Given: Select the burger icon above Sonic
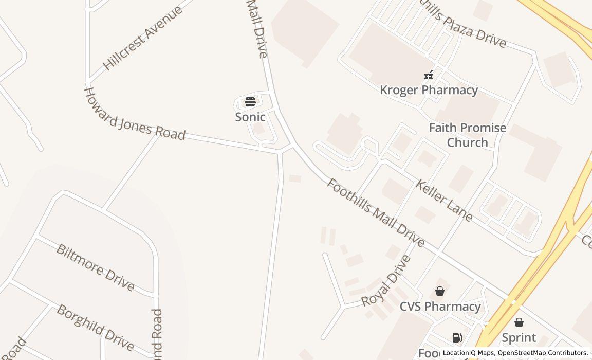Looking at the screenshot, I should pyautogui.click(x=250, y=101).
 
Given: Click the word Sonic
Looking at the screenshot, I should pyautogui.click(x=250, y=117).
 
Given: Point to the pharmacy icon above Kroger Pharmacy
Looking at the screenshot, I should pyautogui.click(x=429, y=75).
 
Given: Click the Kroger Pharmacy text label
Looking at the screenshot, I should pyautogui.click(x=429, y=90).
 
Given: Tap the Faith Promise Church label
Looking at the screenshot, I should pyautogui.click(x=467, y=135).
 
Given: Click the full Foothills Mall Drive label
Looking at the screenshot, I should pyautogui.click(x=376, y=213).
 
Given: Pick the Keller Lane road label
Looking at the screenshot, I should pyautogui.click(x=444, y=201).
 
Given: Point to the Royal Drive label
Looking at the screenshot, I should pyautogui.click(x=386, y=281).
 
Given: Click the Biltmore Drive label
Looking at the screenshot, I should pyautogui.click(x=96, y=267).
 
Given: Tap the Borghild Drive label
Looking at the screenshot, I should pyautogui.click(x=96, y=328).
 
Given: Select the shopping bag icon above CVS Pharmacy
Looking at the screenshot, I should pyautogui.click(x=440, y=291).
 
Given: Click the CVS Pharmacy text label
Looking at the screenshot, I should pyautogui.click(x=440, y=307).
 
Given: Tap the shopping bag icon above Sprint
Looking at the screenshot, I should pyautogui.click(x=519, y=322).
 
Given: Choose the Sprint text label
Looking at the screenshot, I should pyautogui.click(x=519, y=338).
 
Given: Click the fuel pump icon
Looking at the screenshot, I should pyautogui.click(x=457, y=337).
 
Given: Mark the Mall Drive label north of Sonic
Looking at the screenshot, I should pyautogui.click(x=257, y=28).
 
